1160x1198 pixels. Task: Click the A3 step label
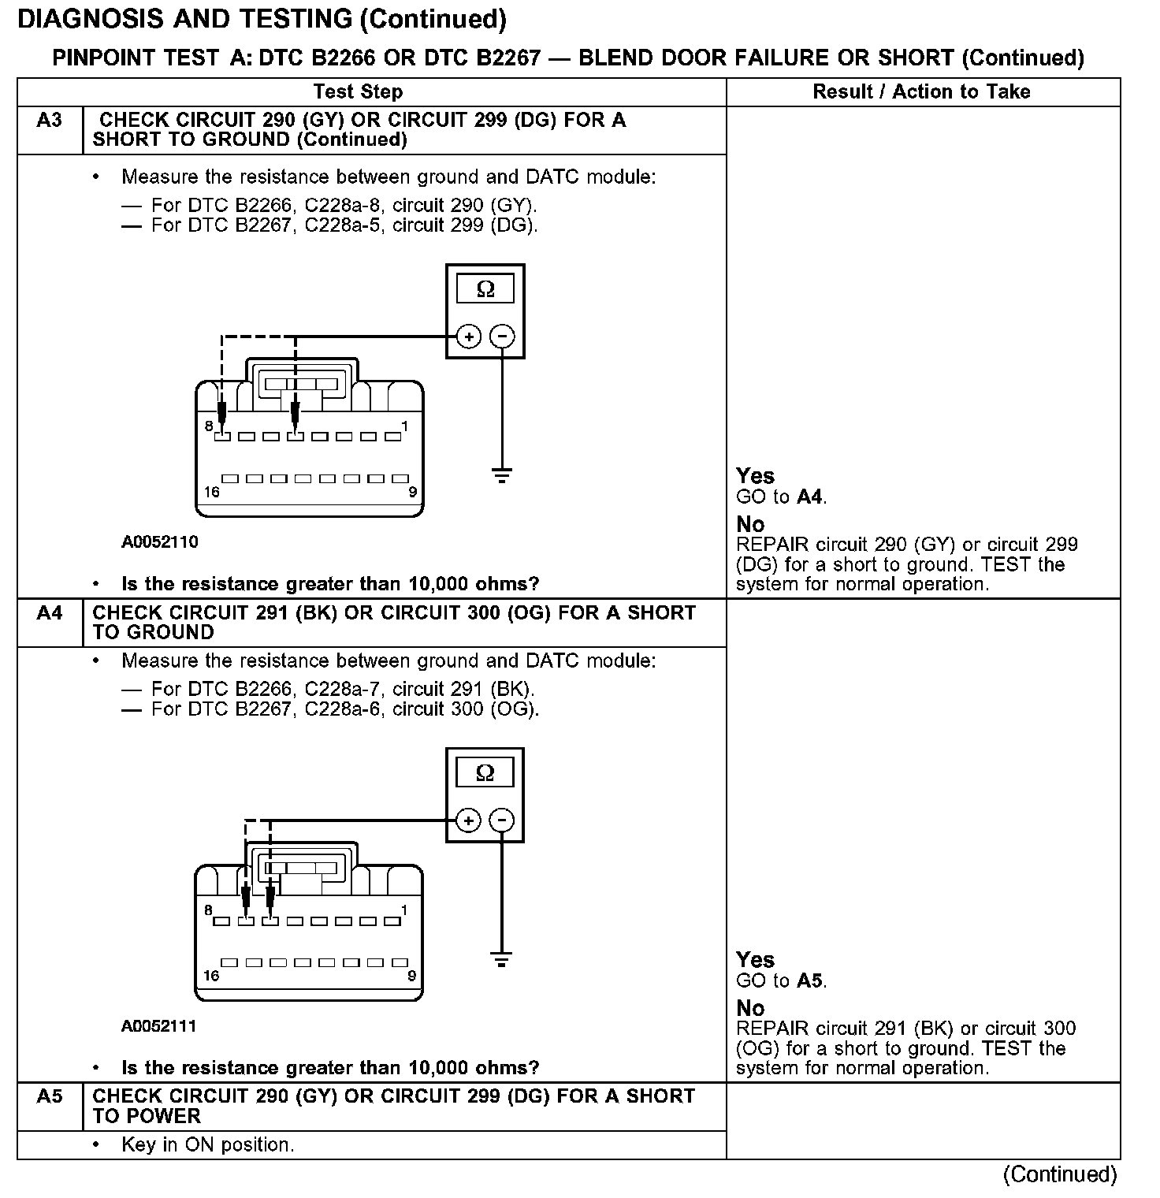(49, 121)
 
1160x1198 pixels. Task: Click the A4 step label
(49, 612)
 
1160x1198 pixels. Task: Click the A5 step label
(49, 1096)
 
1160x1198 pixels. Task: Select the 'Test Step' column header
(358, 91)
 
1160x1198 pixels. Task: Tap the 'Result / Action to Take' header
(921, 91)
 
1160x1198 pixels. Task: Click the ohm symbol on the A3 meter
(485, 289)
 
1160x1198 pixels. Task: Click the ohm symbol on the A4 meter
(485, 772)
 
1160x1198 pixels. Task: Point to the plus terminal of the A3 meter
(469, 337)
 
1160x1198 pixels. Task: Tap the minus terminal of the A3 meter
(502, 337)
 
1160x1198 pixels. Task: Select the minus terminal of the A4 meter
(502, 820)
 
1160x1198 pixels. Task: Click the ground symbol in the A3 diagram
(502, 474)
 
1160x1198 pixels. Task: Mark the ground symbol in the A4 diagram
(502, 959)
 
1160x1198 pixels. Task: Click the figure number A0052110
(159, 542)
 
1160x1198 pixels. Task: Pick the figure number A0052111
(159, 1026)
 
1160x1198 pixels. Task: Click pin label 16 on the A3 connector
(211, 493)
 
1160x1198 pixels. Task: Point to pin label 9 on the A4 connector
(411, 976)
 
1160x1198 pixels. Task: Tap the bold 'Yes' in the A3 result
(755, 476)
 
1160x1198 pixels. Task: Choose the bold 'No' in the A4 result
(750, 1008)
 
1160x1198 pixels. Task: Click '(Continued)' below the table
(1059, 1174)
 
